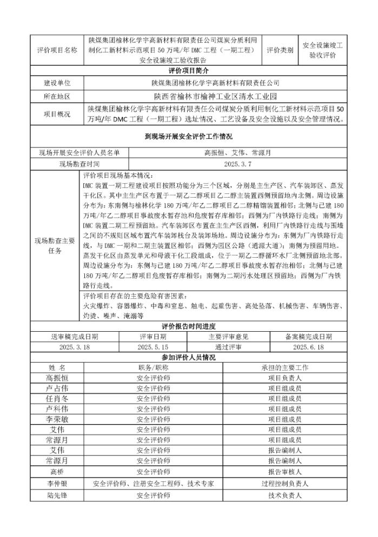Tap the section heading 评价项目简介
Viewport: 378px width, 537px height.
click(x=189, y=71)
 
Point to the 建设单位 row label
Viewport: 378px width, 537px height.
click(x=57, y=83)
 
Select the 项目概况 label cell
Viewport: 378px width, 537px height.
click(x=57, y=113)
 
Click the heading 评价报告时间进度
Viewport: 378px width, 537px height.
click(x=189, y=326)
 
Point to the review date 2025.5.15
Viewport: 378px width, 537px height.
click(x=153, y=347)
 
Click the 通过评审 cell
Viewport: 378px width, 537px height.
click(x=229, y=347)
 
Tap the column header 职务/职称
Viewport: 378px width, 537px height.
click(x=154, y=367)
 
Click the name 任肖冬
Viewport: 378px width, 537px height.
click(x=57, y=398)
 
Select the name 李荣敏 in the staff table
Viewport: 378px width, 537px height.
click(x=57, y=419)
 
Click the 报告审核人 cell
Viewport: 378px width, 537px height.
click(x=284, y=471)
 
